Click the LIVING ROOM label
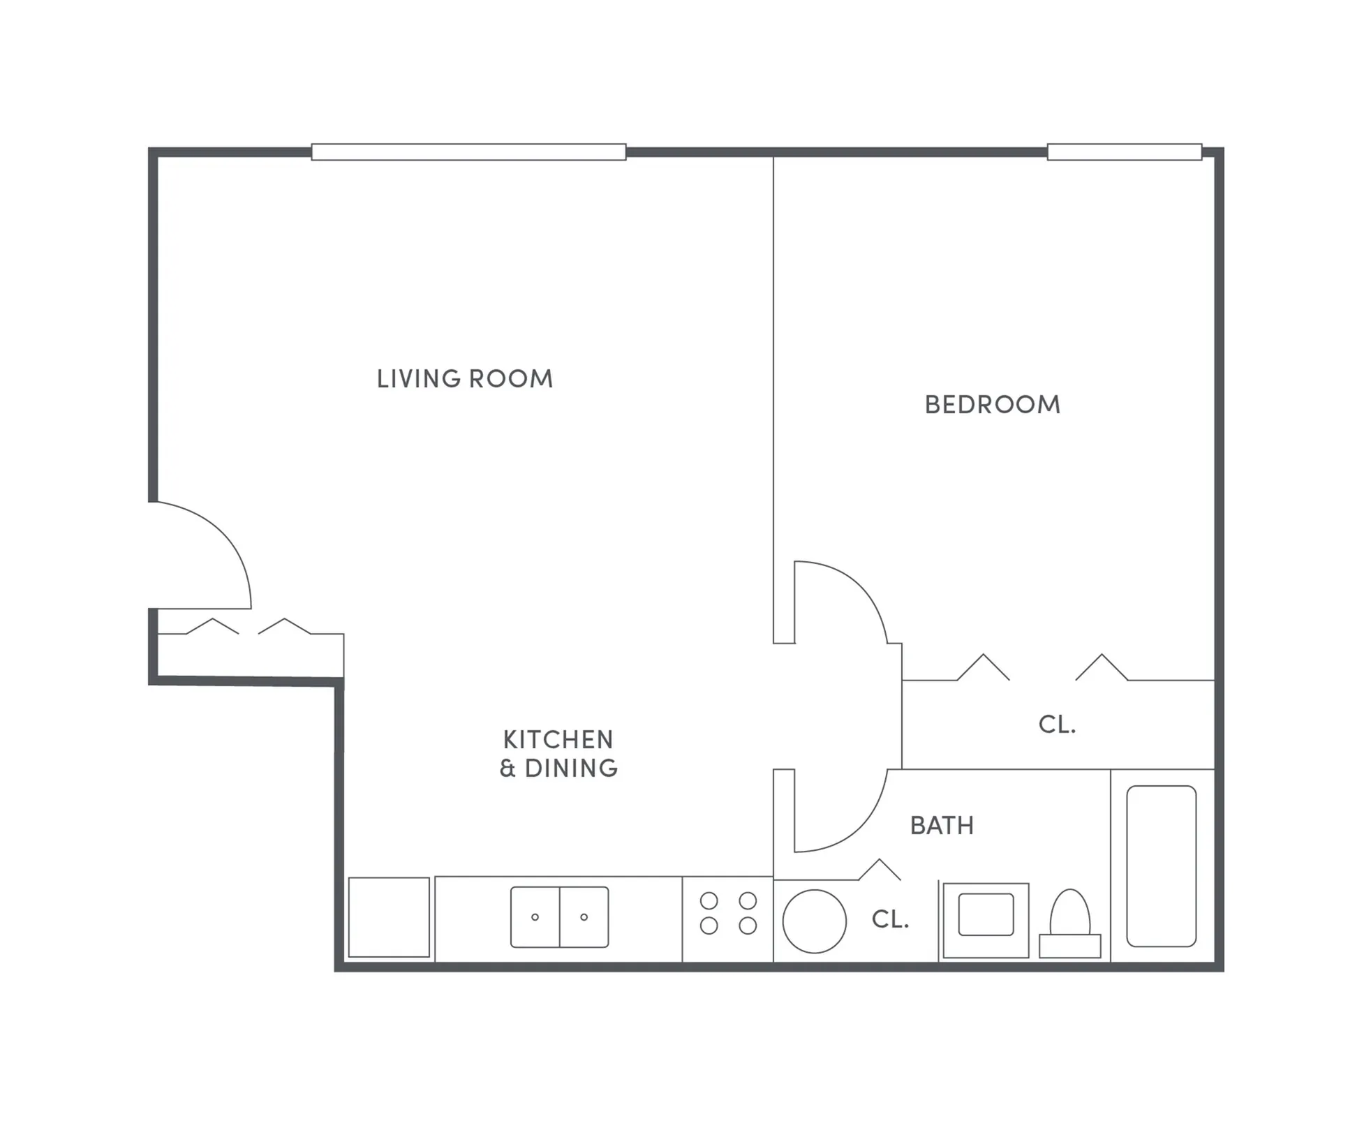[x=464, y=379]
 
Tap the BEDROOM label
[x=992, y=405]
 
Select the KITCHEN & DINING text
[x=558, y=754]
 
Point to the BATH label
[x=942, y=826]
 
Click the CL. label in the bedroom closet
[x=1057, y=725]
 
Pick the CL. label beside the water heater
[x=890, y=919]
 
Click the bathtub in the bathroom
[x=1161, y=866]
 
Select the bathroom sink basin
[x=986, y=914]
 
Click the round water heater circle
[x=814, y=921]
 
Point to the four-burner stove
[x=728, y=913]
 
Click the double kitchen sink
[x=559, y=916]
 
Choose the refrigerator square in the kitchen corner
[x=389, y=917]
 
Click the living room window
[x=468, y=152]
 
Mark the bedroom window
[x=1124, y=152]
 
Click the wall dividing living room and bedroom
[x=773, y=391]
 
